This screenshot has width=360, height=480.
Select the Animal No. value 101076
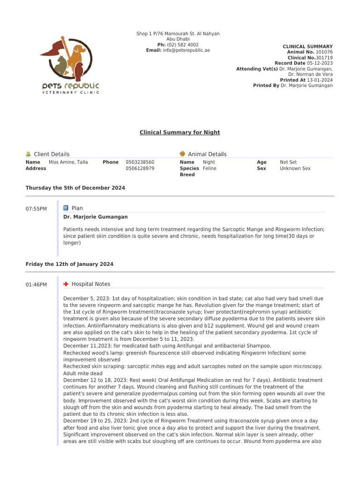pos(324,52)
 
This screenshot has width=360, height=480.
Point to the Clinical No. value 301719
pos(324,58)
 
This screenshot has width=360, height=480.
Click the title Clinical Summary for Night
pos(180,133)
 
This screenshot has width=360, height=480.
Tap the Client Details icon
pos(29,154)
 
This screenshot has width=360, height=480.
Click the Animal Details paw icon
pos(182,154)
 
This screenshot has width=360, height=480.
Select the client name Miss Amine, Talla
pos(68,162)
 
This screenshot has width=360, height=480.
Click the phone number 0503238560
pos(140,162)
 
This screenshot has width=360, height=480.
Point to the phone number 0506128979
pos(140,168)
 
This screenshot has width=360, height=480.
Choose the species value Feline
pos(210,168)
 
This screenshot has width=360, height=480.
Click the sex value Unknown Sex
pos(295,168)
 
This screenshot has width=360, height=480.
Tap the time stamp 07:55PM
pos(36,209)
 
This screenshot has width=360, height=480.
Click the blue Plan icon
pos(66,208)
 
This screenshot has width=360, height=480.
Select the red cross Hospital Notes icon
pos(66,284)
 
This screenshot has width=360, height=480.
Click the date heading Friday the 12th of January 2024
pos(69,264)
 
